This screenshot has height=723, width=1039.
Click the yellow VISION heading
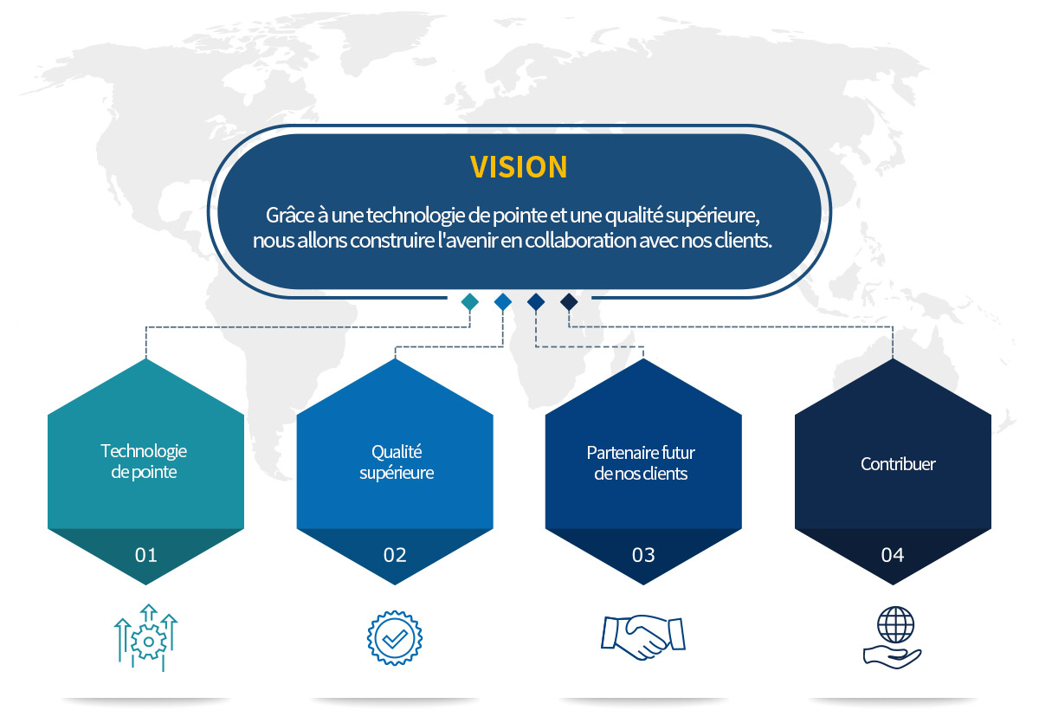519,166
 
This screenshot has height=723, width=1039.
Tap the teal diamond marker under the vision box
470,302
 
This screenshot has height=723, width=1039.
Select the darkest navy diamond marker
569,302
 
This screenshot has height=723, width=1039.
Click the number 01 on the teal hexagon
146,555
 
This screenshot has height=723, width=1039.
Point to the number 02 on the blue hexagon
395,555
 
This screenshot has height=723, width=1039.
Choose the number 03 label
643,555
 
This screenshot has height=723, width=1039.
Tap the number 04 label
893,555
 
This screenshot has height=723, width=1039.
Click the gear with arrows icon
146,637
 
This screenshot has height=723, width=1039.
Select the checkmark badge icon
395,638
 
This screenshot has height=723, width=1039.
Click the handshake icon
643,636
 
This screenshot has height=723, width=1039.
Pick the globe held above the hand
895,624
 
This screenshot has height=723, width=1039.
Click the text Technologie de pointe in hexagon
144,462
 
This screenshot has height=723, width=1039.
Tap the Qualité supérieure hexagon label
397,462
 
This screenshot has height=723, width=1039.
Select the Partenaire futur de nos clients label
641,463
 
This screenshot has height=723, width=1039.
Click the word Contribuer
898,464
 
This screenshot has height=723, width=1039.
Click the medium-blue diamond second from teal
503,302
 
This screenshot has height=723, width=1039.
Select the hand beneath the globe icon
892,658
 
